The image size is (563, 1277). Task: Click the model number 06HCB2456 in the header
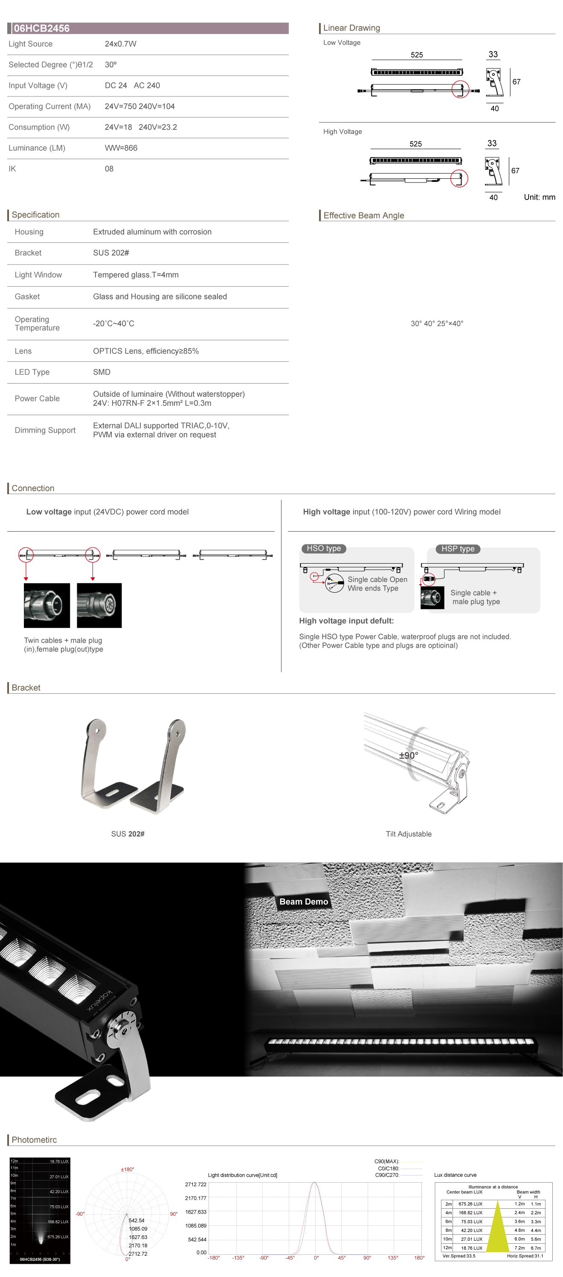point(42,28)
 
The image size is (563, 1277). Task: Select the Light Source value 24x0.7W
point(120,44)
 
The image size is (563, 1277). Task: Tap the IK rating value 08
point(109,169)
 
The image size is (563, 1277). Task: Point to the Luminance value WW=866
point(121,148)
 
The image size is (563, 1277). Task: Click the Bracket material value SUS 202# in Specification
point(111,253)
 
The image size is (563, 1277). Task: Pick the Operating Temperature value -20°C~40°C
point(113,323)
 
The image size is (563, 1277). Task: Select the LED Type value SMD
point(102,372)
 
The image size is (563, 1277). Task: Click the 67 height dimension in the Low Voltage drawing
point(517,82)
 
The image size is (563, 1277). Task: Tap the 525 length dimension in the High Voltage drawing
point(415,144)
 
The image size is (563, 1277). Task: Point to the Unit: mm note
point(539,197)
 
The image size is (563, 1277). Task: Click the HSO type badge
point(324,548)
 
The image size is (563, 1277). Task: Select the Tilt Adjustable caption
point(408,834)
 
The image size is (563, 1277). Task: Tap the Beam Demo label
point(303,902)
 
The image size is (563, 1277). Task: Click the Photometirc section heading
point(34,1140)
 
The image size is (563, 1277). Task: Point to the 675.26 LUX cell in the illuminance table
point(470,1204)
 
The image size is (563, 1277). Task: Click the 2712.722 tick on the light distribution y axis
point(195,1184)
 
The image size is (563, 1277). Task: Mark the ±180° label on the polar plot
point(128,1169)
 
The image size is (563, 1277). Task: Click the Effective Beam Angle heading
point(364,215)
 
